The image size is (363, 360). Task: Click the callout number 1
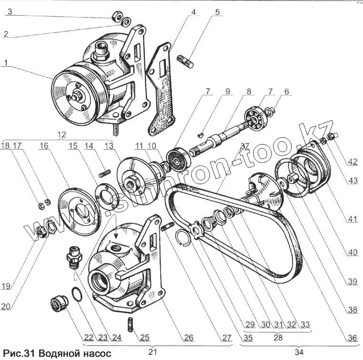pos(5,62)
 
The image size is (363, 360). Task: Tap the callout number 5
pos(217,12)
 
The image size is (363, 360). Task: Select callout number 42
pos(353,162)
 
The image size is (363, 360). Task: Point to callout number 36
pos(352,338)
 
